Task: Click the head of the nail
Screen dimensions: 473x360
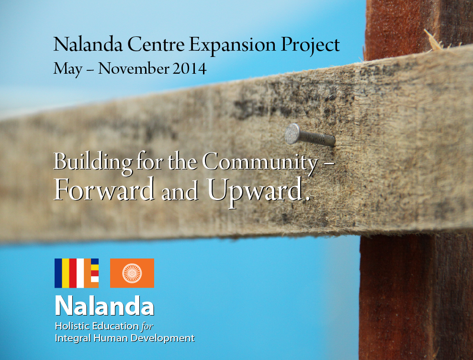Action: tap(292, 134)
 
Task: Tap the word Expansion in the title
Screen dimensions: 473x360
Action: tap(232, 45)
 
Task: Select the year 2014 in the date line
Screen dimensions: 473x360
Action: tap(190, 68)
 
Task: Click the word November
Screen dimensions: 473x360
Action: tap(134, 68)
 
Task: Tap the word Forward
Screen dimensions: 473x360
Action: tap(104, 190)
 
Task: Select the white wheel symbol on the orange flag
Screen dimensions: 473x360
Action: tap(132, 273)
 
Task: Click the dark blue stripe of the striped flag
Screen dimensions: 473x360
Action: tap(58, 273)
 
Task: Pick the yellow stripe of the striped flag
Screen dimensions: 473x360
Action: tap(66, 273)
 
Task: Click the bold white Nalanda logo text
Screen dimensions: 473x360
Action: tap(105, 306)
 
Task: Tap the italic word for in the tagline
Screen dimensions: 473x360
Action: tap(147, 326)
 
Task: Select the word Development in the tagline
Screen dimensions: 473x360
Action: tap(162, 338)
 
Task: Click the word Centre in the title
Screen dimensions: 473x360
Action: tap(156, 45)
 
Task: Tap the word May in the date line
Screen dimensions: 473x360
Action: tap(68, 69)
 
